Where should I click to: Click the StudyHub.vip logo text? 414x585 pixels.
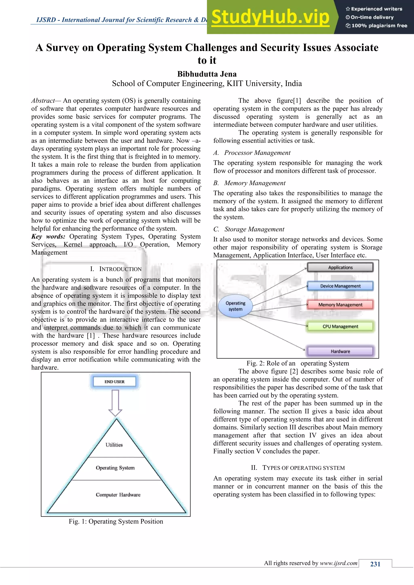point(270,17)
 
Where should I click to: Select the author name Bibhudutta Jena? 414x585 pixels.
point(207,74)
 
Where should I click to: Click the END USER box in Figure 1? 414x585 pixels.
point(114,381)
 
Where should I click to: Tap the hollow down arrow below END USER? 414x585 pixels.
point(115,403)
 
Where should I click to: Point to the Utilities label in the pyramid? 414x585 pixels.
point(114,445)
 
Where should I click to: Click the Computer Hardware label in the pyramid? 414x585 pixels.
point(118,495)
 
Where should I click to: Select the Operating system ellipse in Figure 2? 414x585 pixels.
point(235,306)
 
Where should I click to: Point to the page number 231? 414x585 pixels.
point(375,564)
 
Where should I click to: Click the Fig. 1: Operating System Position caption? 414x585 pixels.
point(116,521)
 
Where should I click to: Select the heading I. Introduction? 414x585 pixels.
point(116,269)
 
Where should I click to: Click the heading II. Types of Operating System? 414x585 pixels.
point(298,468)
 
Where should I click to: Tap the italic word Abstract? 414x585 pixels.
point(43,101)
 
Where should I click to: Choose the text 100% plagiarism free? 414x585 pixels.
point(379,25)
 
